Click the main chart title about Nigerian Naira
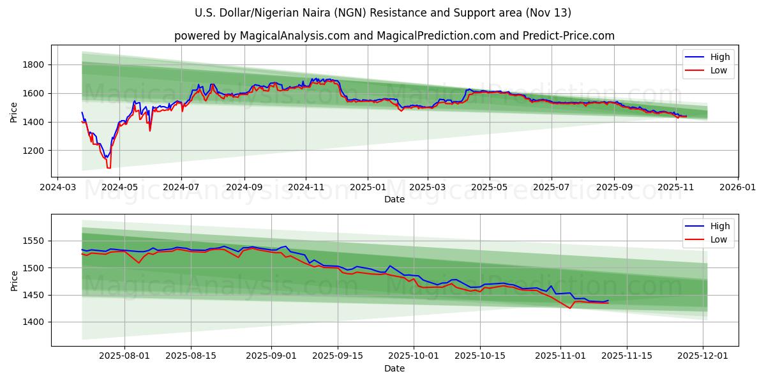click(x=383, y=13)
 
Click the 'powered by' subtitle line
click(x=394, y=36)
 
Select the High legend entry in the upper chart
click(x=709, y=57)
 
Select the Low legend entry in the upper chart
click(x=709, y=70)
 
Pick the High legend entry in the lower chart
click(x=709, y=226)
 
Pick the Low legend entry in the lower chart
click(x=709, y=239)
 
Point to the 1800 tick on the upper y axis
click(x=33, y=64)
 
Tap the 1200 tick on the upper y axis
click(x=33, y=151)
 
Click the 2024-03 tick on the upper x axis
click(x=58, y=188)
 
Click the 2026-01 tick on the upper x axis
click(x=738, y=188)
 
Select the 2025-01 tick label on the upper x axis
click(x=368, y=188)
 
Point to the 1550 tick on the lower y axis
click(x=33, y=241)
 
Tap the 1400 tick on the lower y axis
click(x=33, y=322)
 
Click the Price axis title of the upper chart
click(x=14, y=111)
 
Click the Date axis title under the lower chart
click(x=394, y=369)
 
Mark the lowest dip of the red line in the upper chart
click(x=109, y=167)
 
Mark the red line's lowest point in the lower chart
click(x=570, y=308)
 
